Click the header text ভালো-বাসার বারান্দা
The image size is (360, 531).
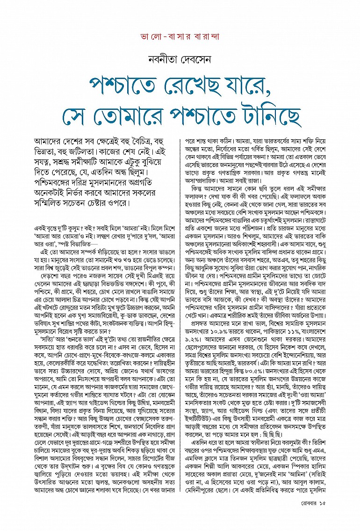(180, 36)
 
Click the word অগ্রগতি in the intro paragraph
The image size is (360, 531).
(152, 178)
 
